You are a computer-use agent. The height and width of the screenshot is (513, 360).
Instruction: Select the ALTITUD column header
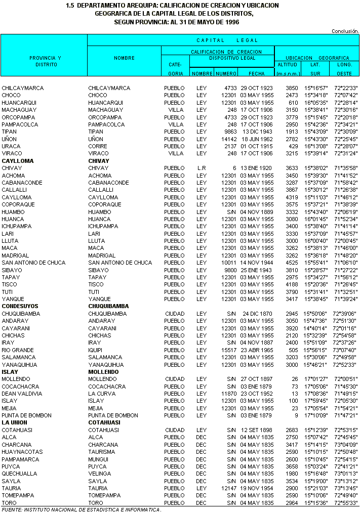pyautogui.click(x=288, y=65)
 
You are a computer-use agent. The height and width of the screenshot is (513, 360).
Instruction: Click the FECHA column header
pyautogui.click(x=256, y=74)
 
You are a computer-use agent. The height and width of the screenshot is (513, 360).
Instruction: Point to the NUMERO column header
pyautogui.click(x=226, y=74)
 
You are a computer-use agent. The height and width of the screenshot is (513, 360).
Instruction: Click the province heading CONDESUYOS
pyautogui.click(x=20, y=306)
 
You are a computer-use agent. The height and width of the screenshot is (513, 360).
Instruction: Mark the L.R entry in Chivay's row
pyautogui.click(x=202, y=168)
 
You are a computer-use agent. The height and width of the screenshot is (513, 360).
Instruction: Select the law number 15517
pyautogui.click(x=229, y=350)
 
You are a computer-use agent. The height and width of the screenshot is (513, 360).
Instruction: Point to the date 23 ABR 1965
pyautogui.click(x=257, y=350)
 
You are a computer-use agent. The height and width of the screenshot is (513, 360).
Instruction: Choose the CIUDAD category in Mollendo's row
pyautogui.click(x=175, y=379)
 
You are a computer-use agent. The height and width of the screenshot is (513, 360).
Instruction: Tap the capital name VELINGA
pyautogui.click(x=99, y=474)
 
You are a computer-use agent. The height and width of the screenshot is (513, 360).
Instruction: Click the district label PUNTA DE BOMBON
pyautogui.click(x=26, y=415)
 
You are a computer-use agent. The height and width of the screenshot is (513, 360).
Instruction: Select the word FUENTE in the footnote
pyautogui.click(x=11, y=509)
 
